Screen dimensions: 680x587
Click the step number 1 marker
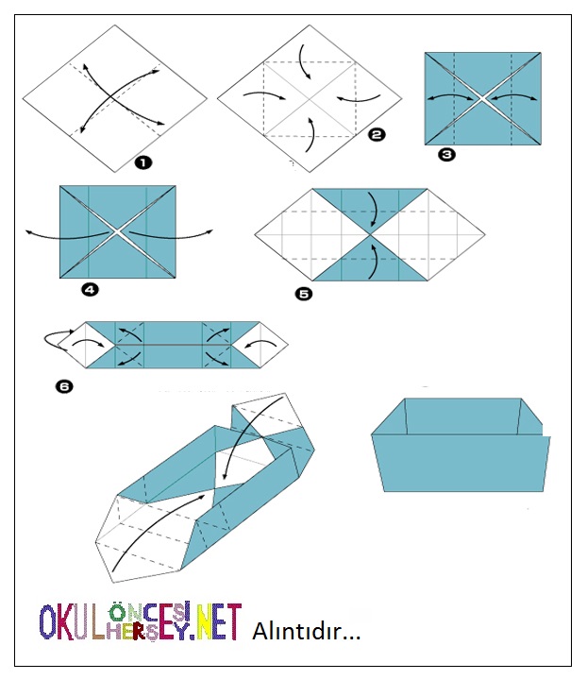[x=143, y=162]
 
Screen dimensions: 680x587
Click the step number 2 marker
[x=377, y=135]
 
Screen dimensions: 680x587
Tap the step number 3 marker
[x=446, y=154]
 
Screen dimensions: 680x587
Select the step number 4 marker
[x=90, y=290]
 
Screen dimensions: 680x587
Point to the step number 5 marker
[x=304, y=294]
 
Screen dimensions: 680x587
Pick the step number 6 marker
[x=62, y=385]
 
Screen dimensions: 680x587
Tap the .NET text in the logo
[x=216, y=623]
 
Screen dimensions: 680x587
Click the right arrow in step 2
[x=353, y=96]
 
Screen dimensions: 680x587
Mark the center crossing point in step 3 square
[x=483, y=98]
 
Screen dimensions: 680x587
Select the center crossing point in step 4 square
[x=117, y=231]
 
